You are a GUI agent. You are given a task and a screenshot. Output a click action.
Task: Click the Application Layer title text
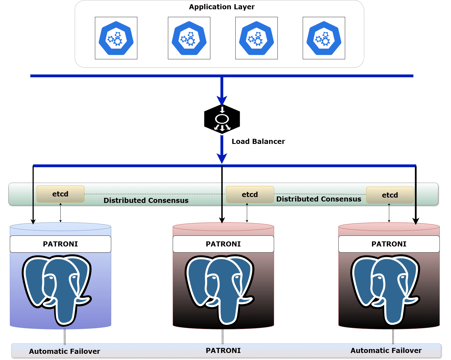pyautogui.click(x=222, y=7)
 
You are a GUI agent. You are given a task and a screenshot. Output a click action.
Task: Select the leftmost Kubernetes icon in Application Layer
pyautogui.click(x=116, y=38)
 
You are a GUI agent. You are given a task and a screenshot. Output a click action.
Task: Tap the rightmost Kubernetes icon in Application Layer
pyautogui.click(x=324, y=38)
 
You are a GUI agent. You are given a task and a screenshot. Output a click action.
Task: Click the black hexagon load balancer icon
pyautogui.click(x=222, y=119)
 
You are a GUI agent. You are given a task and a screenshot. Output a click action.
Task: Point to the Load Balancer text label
pyautogui.click(x=258, y=141)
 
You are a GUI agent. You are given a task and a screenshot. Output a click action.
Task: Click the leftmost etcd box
pyautogui.click(x=60, y=194)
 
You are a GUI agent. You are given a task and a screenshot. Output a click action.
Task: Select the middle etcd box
pyautogui.click(x=250, y=194)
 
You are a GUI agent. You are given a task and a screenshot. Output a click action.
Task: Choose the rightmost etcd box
pyautogui.click(x=390, y=195)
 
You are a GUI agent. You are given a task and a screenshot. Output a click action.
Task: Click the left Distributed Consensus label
pyautogui.click(x=146, y=200)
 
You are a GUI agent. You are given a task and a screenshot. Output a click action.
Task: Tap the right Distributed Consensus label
pyautogui.click(x=319, y=199)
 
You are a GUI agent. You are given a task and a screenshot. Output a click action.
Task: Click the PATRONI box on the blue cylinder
pyautogui.click(x=60, y=244)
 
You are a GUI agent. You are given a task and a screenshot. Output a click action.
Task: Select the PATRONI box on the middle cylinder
pyautogui.click(x=223, y=244)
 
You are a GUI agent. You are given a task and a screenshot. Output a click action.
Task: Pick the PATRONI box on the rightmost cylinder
pyautogui.click(x=389, y=244)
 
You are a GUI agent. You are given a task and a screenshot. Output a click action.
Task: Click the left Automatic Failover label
pyautogui.click(x=65, y=351)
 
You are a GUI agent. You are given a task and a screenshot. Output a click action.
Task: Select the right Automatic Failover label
pyautogui.click(x=386, y=350)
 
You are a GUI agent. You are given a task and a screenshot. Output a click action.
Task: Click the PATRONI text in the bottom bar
pyautogui.click(x=223, y=350)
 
